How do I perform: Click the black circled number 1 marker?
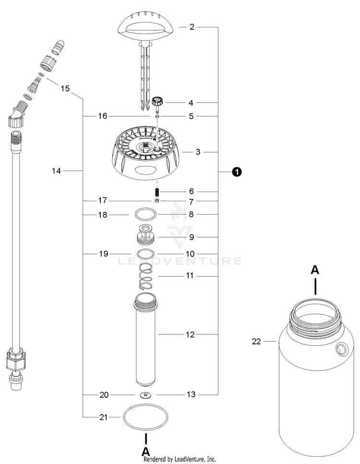coord(237,171)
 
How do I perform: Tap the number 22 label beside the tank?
coord(256,342)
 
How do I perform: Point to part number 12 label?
coord(191,334)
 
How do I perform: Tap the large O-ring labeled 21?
coord(146,417)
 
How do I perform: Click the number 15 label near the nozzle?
coord(65,88)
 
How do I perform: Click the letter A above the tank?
coord(315,270)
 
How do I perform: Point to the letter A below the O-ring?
coord(146,451)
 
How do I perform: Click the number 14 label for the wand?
coord(57,171)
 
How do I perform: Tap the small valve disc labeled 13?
coord(146,395)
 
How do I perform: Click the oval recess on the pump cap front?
coord(145,170)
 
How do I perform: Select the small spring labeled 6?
coord(156,191)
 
